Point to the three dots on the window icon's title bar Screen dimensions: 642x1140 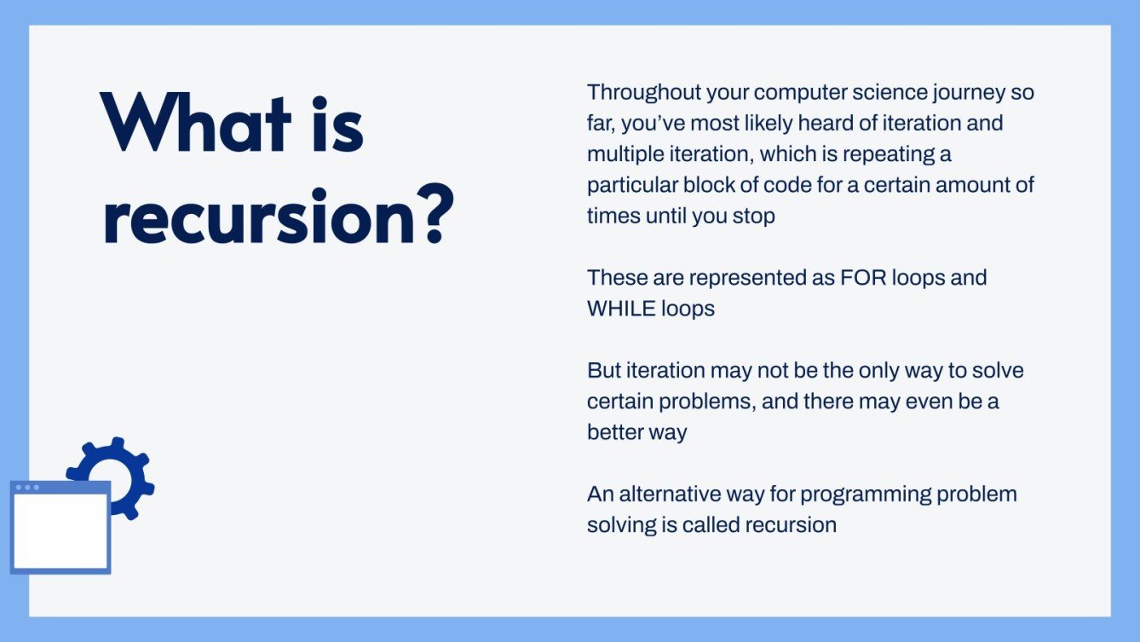point(27,488)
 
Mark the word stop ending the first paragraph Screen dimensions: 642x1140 point(753,216)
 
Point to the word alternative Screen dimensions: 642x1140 point(669,494)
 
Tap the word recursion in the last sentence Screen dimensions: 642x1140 point(790,524)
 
